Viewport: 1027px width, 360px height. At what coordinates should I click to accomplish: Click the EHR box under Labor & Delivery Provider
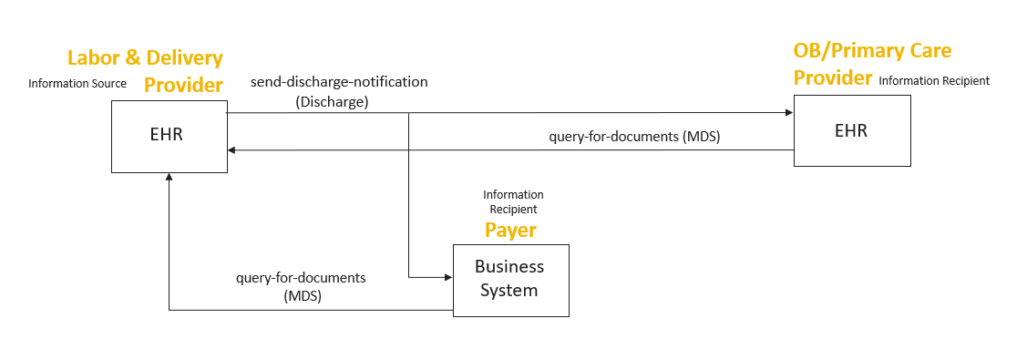point(169,137)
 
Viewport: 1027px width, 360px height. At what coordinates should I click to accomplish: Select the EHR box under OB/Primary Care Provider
point(852,130)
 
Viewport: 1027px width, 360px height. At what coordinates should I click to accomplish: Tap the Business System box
point(511,280)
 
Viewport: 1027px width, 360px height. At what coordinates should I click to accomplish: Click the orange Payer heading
point(510,231)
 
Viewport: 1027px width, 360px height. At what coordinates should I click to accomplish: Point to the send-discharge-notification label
point(339,82)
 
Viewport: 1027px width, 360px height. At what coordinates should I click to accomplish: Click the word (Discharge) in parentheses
point(332,102)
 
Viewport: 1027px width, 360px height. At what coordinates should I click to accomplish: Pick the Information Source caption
point(77,84)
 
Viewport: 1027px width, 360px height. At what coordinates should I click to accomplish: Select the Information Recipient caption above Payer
point(514,202)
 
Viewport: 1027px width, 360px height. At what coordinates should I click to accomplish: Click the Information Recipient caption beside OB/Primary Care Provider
point(934,81)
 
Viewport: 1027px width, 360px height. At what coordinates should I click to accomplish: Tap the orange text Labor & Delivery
point(145,58)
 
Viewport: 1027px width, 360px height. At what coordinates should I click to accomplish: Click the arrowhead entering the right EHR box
point(789,113)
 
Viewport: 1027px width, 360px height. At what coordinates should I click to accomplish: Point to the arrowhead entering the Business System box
point(448,278)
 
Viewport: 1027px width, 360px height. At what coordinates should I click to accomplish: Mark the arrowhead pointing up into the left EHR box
point(169,178)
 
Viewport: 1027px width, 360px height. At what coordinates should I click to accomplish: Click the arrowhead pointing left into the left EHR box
point(232,150)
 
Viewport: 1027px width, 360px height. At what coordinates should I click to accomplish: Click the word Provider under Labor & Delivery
point(183,85)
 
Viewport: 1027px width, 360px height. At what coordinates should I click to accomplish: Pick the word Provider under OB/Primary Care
point(833,77)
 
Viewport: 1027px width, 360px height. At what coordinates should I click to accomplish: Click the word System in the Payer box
point(508,290)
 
